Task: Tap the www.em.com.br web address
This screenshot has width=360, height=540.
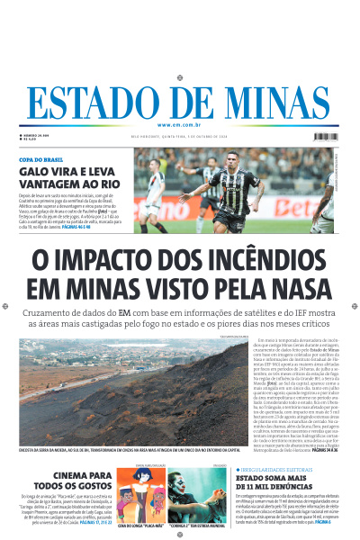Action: click(179, 125)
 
